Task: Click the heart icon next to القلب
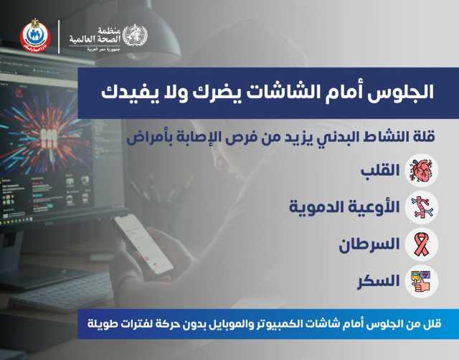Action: pyautogui.click(x=421, y=171)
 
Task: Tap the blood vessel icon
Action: pyautogui.click(x=422, y=207)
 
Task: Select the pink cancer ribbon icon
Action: pyautogui.click(x=422, y=245)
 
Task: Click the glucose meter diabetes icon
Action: pyautogui.click(x=422, y=281)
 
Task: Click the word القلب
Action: pyautogui.click(x=380, y=171)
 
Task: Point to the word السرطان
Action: pyautogui.click(x=369, y=244)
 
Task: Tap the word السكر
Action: pyautogui.click(x=379, y=281)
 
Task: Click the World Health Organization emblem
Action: pyautogui.click(x=135, y=35)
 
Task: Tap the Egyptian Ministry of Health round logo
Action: pyautogui.click(x=35, y=36)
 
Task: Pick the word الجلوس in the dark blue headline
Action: pyautogui.click(x=403, y=92)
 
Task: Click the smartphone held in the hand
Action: pyautogui.click(x=143, y=244)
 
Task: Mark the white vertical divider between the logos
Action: pyautogui.click(x=59, y=37)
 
